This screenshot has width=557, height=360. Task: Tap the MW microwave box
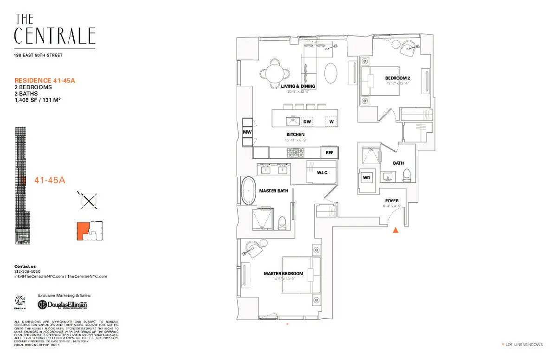tap(247, 132)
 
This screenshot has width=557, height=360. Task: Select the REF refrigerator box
tap(329, 152)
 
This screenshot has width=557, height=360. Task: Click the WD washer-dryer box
tap(366, 178)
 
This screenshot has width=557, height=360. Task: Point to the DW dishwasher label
tap(307, 122)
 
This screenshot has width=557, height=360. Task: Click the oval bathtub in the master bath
tap(248, 191)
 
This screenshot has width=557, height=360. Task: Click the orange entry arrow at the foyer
tap(395, 230)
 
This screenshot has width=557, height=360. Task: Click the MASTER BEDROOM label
tap(283, 273)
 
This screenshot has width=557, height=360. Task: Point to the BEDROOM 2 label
tap(398, 78)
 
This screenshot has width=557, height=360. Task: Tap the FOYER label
tap(392, 201)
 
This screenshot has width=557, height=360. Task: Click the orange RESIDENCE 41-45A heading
tap(45, 80)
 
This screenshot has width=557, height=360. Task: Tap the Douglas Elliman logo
tap(62, 305)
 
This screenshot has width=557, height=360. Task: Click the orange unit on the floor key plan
tap(83, 230)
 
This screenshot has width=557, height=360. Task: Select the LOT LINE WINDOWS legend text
tap(524, 345)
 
